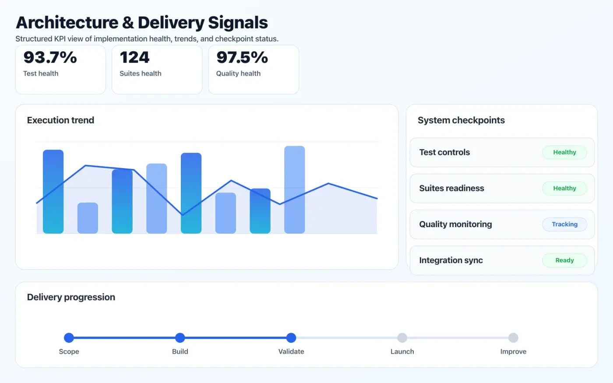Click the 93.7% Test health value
point(50,57)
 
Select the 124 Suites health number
point(134,57)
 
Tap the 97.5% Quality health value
point(242,57)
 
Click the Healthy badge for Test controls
point(564,152)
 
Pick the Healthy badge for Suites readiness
point(564,188)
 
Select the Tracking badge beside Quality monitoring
point(564,224)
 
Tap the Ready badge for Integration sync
point(564,260)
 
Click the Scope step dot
point(69,337)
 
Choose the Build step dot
point(180,337)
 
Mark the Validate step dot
point(291,337)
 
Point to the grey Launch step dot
point(402,337)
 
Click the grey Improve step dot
point(513,337)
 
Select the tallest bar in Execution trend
point(294,190)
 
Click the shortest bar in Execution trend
point(88,218)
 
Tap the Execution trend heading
point(60,120)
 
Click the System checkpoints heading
point(461,120)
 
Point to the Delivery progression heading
point(71,297)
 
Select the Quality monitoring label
point(455,224)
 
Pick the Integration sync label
point(451,260)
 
